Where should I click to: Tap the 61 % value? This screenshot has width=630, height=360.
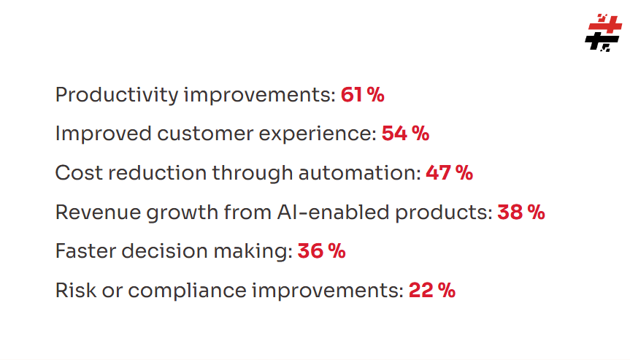pyautogui.click(x=362, y=95)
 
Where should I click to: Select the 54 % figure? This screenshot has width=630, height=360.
pyautogui.click(x=405, y=134)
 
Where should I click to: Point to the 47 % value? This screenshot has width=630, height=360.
pyautogui.click(x=449, y=173)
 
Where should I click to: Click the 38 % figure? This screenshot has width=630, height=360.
pyautogui.click(x=520, y=212)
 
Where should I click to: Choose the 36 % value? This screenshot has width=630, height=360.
pyautogui.click(x=321, y=251)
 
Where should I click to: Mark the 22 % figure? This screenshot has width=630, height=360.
pyautogui.click(x=431, y=291)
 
